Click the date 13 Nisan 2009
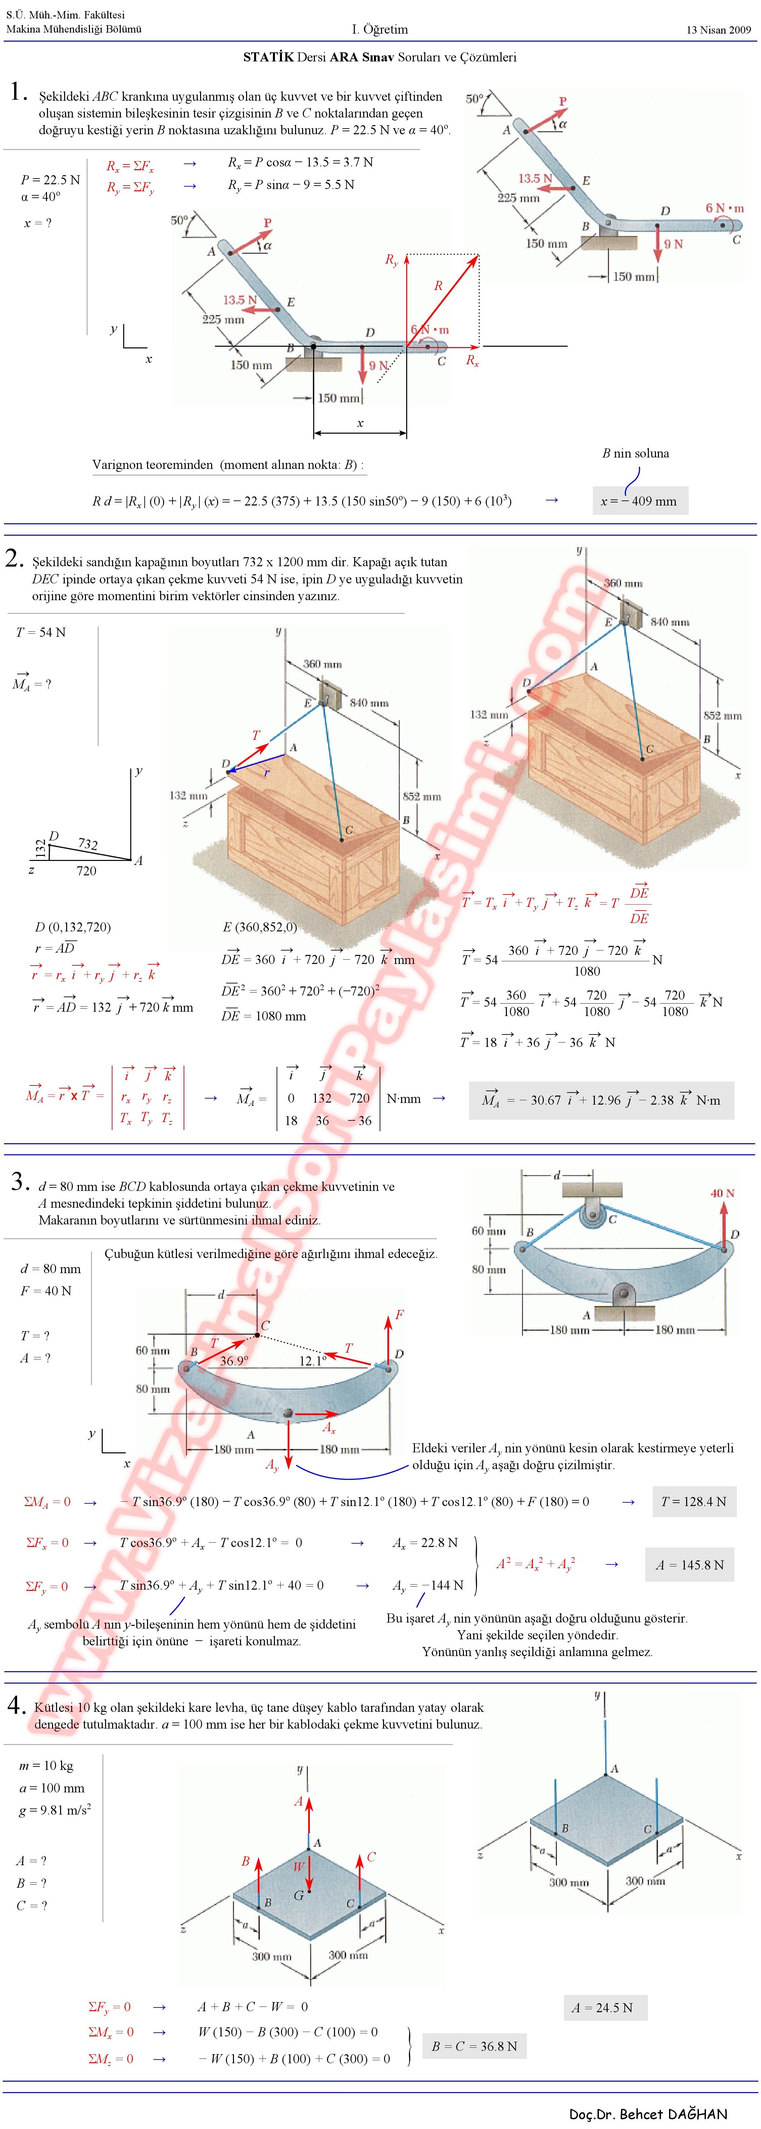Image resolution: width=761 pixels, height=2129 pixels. point(718,30)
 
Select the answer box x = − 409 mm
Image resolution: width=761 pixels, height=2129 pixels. point(640,500)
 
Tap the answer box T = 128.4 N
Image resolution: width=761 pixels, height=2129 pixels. point(693,1501)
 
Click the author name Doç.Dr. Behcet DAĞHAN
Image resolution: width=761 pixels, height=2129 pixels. point(649,2114)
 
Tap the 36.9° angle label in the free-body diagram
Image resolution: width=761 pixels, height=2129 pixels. point(234,1360)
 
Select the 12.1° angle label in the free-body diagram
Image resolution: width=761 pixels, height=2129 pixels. point(313,1360)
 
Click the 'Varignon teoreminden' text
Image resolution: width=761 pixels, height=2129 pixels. point(153,465)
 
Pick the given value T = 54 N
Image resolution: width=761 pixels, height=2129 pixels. point(41,632)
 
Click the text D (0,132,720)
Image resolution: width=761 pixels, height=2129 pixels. point(73,927)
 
